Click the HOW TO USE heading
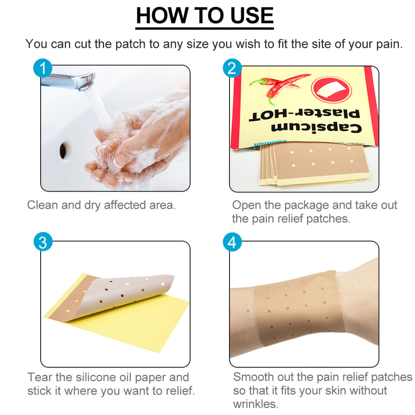pyautogui.click(x=204, y=16)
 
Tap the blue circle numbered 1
pyautogui.click(x=43, y=68)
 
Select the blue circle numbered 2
pyautogui.click(x=232, y=68)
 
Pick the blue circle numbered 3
pyautogui.click(x=43, y=242)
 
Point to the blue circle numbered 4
pyautogui.click(x=232, y=242)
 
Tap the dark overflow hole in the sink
pyautogui.click(x=63, y=150)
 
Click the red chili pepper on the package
pyautogui.click(x=278, y=87)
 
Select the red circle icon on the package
pyautogui.click(x=331, y=89)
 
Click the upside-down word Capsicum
pyautogui.click(x=316, y=128)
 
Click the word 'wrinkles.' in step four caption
pyautogui.click(x=255, y=404)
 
